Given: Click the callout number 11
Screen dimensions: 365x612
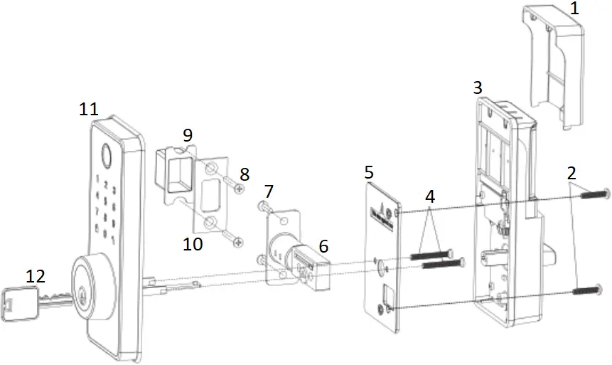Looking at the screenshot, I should [89, 109].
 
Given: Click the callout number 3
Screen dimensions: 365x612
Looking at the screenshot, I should [478, 88].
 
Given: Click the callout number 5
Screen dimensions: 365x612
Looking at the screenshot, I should [368, 171].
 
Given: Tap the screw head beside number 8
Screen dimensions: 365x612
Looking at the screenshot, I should [239, 189].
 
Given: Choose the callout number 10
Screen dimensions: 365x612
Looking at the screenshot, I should [192, 244].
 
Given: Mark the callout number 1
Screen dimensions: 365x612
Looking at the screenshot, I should [574, 9].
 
